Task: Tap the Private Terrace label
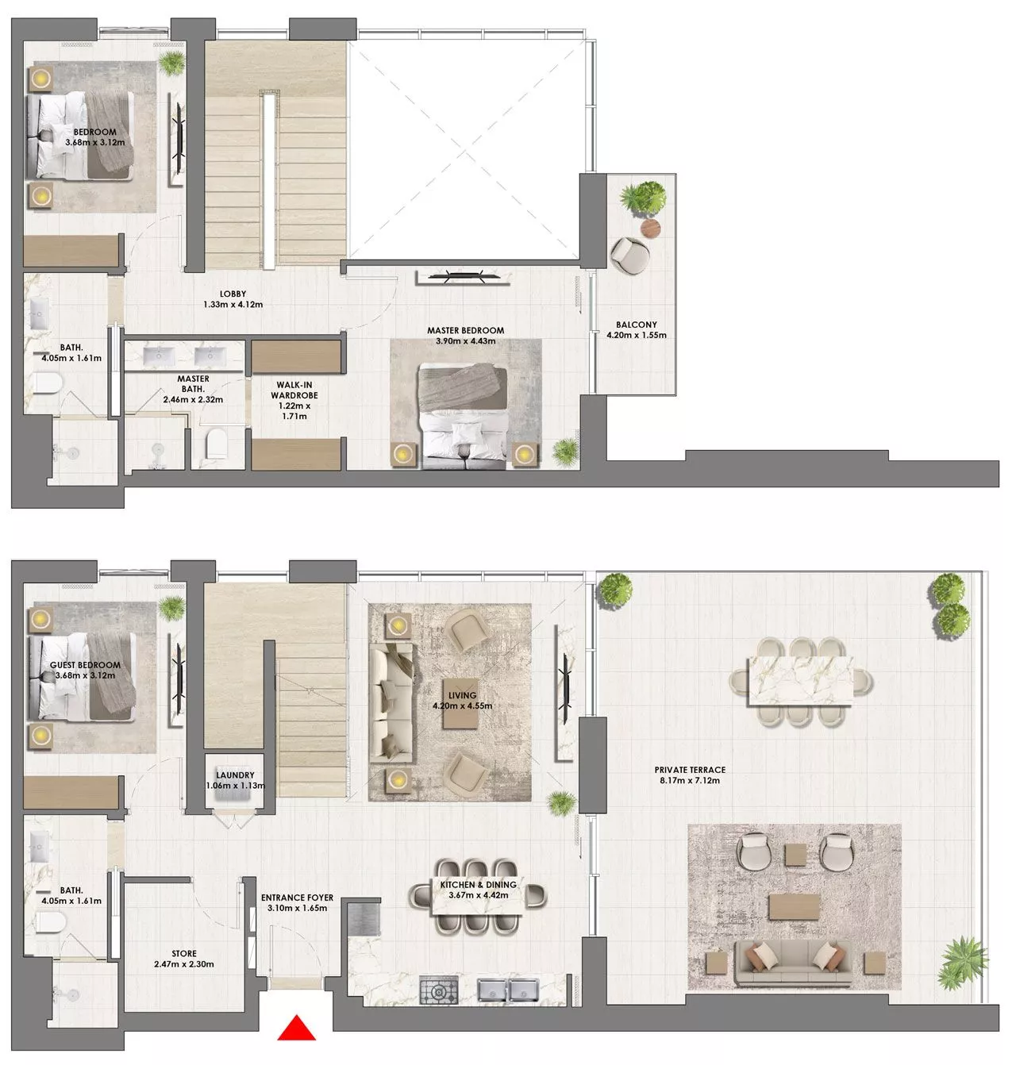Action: coord(690,770)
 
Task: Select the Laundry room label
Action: coord(235,775)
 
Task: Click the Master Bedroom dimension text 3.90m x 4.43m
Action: coord(465,341)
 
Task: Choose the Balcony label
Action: coord(636,325)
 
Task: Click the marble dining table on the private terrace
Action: coord(802,679)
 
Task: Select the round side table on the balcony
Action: coord(650,229)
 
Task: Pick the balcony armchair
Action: coord(630,256)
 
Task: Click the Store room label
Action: coord(184,954)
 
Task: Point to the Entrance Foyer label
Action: coord(297,898)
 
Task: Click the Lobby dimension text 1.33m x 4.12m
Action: coord(233,304)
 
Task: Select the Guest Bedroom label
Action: coord(85,665)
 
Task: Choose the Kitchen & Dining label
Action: coord(478,885)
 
